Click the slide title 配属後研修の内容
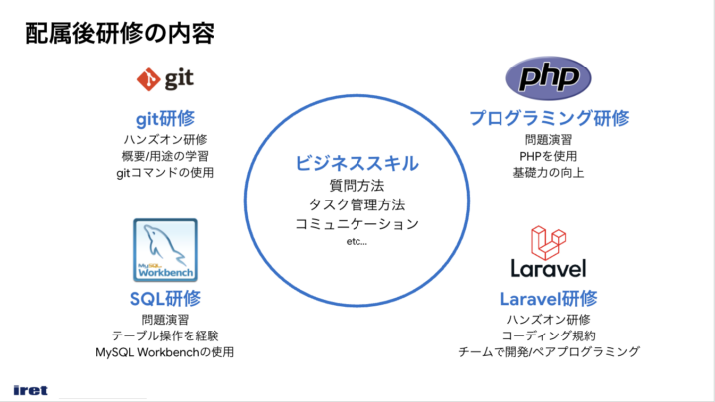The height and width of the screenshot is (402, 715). pyautogui.click(x=119, y=34)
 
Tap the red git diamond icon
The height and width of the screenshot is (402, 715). pyautogui.click(x=148, y=79)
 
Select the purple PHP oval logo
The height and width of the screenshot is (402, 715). pyautogui.click(x=548, y=78)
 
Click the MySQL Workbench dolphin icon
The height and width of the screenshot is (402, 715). pyautogui.click(x=165, y=250)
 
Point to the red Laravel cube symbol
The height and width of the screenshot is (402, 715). pyautogui.click(x=548, y=243)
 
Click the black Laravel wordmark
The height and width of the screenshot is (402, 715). pyautogui.click(x=548, y=268)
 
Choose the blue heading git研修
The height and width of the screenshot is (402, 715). pyautogui.click(x=165, y=119)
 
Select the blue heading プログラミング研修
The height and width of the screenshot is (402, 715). pyautogui.click(x=548, y=118)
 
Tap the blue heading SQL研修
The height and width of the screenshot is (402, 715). pyautogui.click(x=165, y=299)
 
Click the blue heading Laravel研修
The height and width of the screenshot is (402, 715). pyautogui.click(x=548, y=299)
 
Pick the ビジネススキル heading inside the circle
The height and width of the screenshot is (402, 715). pyautogui.click(x=357, y=163)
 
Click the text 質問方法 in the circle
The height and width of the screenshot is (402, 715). pyautogui.click(x=357, y=186)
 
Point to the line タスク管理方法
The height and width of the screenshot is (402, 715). pyautogui.click(x=357, y=204)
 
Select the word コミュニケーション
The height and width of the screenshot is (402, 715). pyautogui.click(x=357, y=224)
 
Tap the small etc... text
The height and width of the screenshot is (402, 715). pyautogui.click(x=357, y=242)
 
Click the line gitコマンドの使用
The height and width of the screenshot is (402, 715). pyautogui.click(x=165, y=173)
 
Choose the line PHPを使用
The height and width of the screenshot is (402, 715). pyautogui.click(x=548, y=156)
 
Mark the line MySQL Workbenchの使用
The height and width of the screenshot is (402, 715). pyautogui.click(x=165, y=352)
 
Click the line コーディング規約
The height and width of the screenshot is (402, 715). pyautogui.click(x=548, y=335)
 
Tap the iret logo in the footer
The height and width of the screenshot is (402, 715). pyautogui.click(x=30, y=390)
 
